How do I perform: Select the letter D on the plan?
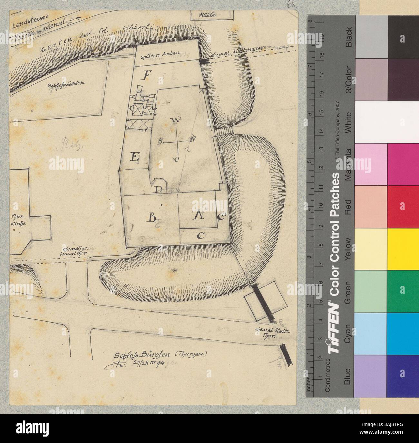[158, 189]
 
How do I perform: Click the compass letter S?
[161, 141]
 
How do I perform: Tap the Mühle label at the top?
[208, 14]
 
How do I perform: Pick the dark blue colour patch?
[403, 376]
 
